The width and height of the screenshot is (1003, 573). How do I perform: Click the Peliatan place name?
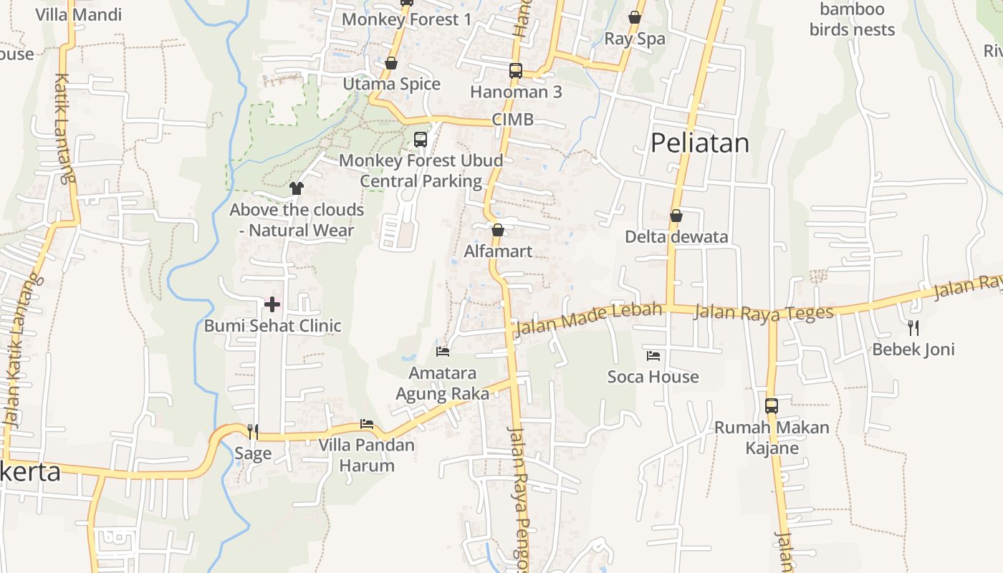(699, 143)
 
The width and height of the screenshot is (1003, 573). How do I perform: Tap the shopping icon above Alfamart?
(497, 230)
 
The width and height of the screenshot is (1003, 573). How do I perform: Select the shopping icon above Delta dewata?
(676, 215)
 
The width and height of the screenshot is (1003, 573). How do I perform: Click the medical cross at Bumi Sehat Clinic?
(272, 304)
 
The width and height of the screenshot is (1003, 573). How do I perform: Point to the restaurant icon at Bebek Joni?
(913, 328)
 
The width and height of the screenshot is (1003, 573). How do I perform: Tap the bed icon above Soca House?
(653, 355)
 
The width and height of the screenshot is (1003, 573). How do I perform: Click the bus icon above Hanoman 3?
(516, 70)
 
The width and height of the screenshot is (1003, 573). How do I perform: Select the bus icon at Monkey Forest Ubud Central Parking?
(421, 140)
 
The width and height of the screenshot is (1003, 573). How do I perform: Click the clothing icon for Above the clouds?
(297, 188)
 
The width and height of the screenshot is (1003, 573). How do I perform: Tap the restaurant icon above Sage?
(252, 431)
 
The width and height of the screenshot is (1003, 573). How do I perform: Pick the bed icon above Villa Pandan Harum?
(367, 424)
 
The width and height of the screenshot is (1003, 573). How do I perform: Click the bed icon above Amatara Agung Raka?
(443, 352)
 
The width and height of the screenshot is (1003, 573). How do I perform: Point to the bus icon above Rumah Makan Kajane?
(771, 405)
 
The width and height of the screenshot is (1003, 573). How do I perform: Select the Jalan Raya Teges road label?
(764, 312)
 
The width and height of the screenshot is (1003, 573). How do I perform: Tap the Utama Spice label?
(391, 85)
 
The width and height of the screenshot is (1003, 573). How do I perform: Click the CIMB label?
(512, 120)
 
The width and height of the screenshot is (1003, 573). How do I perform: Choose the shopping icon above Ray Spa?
(635, 17)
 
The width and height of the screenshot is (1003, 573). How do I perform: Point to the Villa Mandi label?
(79, 14)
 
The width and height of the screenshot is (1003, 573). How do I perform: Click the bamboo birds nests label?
(852, 19)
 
